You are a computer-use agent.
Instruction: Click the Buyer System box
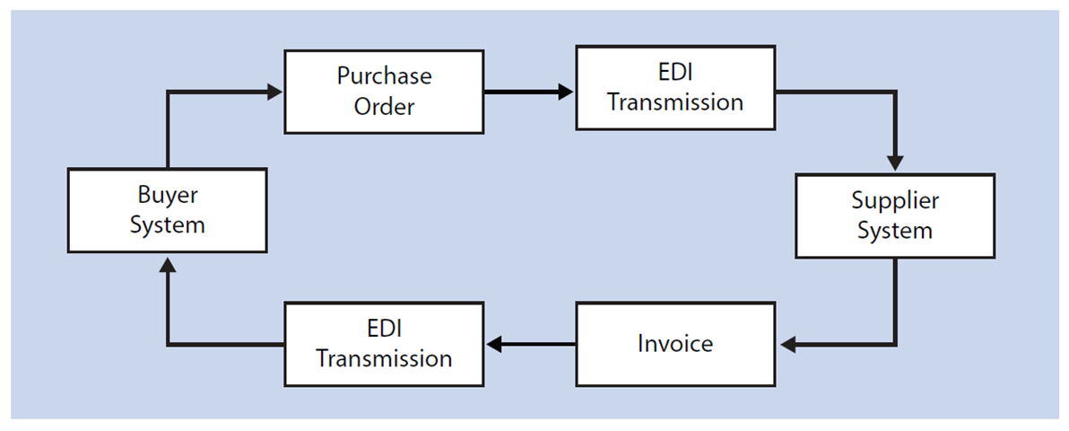[x=167, y=210]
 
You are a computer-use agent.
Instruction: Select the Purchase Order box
[x=384, y=91]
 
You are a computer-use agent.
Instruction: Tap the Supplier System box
[x=894, y=216]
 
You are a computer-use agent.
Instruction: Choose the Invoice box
[x=674, y=344]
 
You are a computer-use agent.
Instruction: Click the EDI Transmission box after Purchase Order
[x=674, y=88]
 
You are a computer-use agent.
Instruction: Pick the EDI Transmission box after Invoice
[x=384, y=344]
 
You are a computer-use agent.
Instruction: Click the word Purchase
[x=384, y=76]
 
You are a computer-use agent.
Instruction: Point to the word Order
[x=384, y=106]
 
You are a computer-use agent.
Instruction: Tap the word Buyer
[x=167, y=195]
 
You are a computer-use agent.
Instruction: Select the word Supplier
[x=894, y=201]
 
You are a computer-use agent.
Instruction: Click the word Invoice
[x=674, y=344]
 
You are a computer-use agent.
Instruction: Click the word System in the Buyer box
[x=167, y=224]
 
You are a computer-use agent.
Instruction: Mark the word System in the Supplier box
[x=894, y=231]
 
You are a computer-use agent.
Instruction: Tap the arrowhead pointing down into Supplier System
[x=894, y=163]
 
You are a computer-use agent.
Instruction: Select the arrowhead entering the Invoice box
[x=788, y=344]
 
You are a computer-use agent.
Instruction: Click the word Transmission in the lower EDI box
[x=384, y=358]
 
